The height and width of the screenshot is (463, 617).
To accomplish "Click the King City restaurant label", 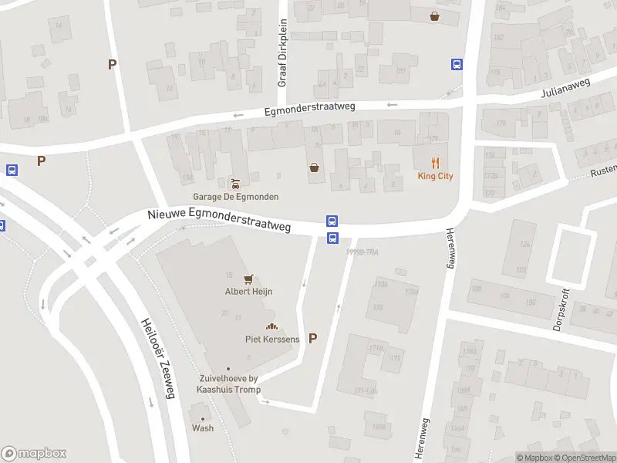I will point(436,176).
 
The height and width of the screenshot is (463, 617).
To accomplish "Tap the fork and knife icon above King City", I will point(436,162).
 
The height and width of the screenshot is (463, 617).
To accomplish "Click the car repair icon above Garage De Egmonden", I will point(235,183).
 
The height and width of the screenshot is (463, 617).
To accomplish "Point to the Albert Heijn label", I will point(248,292).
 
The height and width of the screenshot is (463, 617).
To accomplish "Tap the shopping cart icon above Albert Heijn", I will point(248,279).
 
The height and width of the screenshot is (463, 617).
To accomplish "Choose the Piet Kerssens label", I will point(272,339).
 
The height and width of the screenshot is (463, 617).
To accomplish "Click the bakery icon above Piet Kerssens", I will point(271,326).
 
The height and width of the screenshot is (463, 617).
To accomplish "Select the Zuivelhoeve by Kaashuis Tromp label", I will point(228,384).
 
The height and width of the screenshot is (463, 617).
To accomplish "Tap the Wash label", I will point(203,428).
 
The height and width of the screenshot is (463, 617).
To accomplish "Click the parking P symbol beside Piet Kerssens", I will point(312,338).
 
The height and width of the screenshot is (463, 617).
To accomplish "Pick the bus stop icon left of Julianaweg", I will point(457,65).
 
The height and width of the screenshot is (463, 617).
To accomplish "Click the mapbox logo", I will point(34,454).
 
